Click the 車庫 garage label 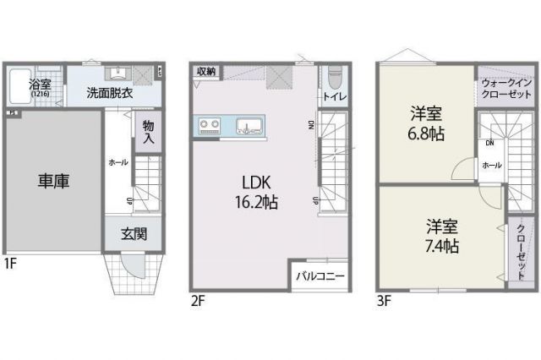52,181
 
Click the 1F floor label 9,263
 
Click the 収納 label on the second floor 206,72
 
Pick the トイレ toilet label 333,98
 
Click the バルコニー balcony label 320,276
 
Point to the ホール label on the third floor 491,166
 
